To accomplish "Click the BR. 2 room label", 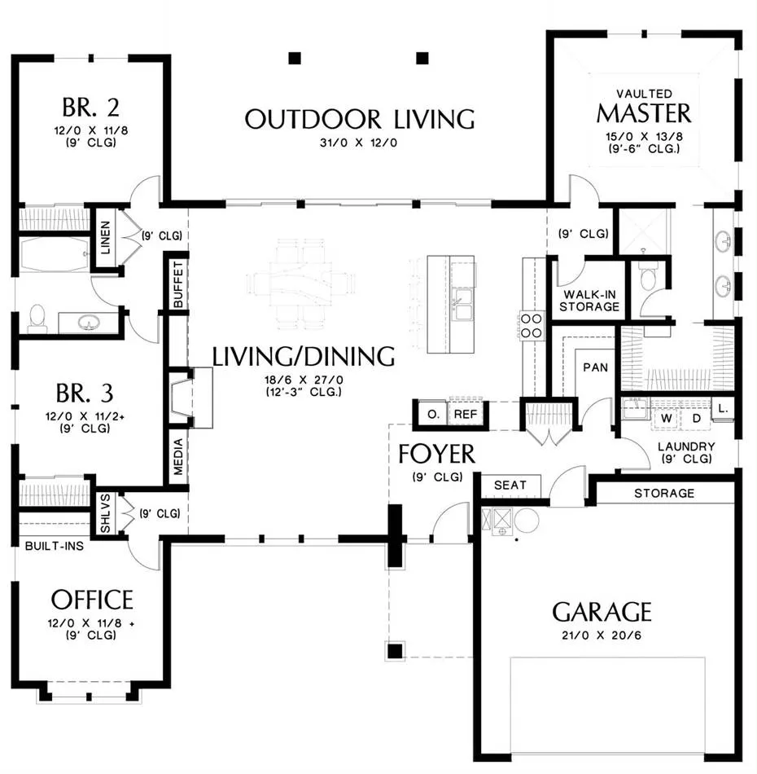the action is pos(90,107).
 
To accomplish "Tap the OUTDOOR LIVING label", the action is pos(360,120).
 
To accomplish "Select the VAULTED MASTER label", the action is pos(644,107).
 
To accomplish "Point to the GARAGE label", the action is pos(602,612).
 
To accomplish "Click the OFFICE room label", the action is pos(92,600).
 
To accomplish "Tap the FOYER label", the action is pos(436,454).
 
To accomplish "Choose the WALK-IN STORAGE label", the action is pos(589,301).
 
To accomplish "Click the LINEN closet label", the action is pos(106,237).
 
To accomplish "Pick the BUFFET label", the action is pos(178,285).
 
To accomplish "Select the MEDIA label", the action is pos(178,456).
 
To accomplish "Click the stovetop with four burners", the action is pos(532,326).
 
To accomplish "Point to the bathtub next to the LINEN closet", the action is pos(54,254).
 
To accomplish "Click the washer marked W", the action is pos(667,419).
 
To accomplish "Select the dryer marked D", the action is pos(696,419).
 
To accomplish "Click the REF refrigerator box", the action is pos(466,414).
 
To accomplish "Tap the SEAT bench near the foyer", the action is pos(510,486).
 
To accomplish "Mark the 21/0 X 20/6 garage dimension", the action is pos(602,635).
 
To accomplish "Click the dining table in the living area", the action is pos(301,284).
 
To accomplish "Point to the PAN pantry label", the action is pos(595,367).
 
